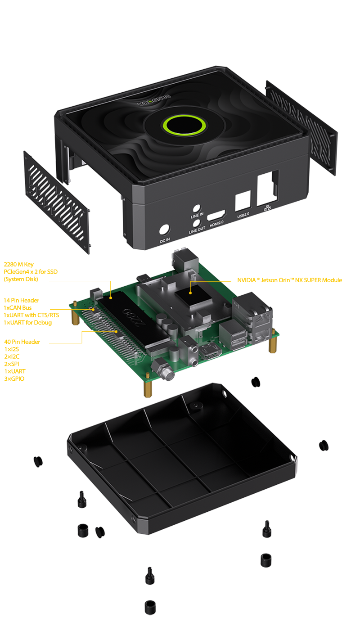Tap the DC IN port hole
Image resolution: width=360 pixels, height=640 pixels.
coord(164,230)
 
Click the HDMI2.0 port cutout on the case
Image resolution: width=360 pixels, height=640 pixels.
coord(216,215)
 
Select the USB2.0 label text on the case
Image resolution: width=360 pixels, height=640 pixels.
coord(243,215)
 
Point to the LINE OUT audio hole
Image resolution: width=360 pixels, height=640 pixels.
coord(196,223)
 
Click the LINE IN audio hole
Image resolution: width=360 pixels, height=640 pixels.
coord(197,208)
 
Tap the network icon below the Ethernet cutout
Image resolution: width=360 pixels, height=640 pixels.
coord(267,208)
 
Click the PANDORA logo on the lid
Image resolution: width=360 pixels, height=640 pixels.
coord(154,100)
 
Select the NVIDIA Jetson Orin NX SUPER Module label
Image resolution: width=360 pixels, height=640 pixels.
coord(289,280)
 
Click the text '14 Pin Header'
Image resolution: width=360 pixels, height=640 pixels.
coord(22,300)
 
